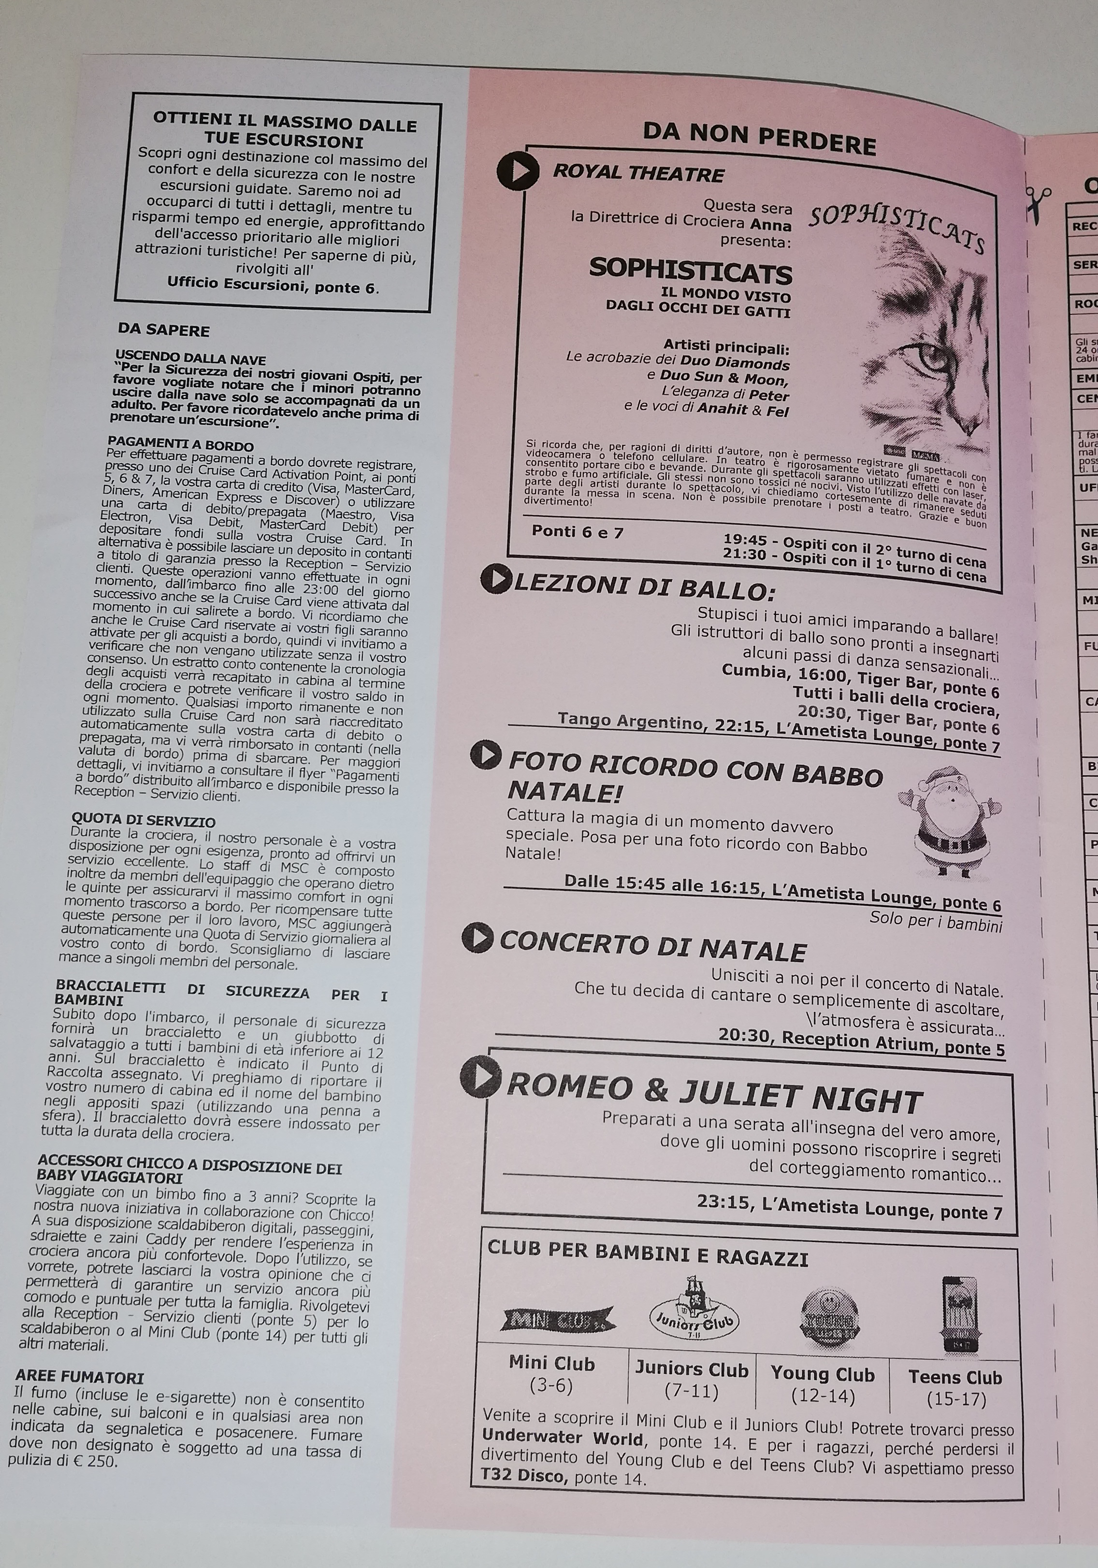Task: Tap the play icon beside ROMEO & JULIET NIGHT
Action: click(482, 1078)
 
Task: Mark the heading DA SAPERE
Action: click(163, 330)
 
